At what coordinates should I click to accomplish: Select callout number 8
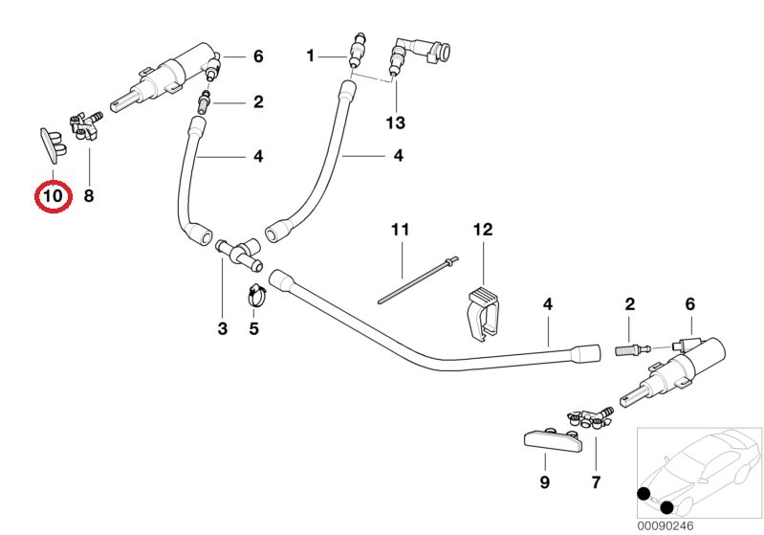[89, 197]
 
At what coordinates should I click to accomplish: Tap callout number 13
[395, 123]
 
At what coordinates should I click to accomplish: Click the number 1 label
[310, 56]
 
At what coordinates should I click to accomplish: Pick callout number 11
[399, 230]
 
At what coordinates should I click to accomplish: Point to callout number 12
[482, 230]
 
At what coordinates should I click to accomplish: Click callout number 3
[223, 329]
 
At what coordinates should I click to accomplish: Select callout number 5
[254, 329]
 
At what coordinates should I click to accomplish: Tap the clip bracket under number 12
[484, 311]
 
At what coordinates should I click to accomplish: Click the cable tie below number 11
[419, 279]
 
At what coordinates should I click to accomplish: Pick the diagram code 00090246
[677, 524]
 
